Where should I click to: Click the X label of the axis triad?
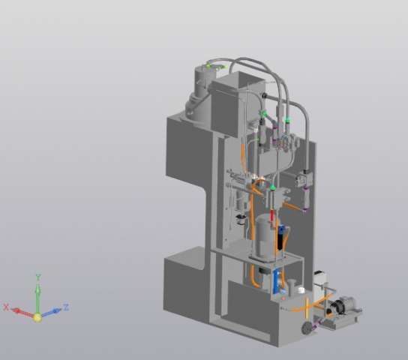click(x=6, y=307)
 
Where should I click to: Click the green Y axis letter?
click(x=38, y=277)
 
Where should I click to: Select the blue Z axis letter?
click(x=66, y=307)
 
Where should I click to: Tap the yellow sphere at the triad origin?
click(x=37, y=317)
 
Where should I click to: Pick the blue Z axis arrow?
click(x=52, y=312)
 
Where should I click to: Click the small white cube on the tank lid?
click(x=301, y=289)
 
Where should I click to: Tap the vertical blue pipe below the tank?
click(x=276, y=280)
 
